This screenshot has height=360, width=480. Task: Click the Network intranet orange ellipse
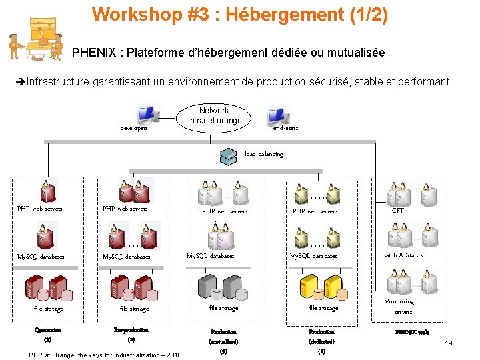(x=213, y=116)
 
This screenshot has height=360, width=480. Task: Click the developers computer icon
(x=147, y=115)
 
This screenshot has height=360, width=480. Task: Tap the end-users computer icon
(x=279, y=117)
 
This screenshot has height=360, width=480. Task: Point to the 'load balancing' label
(x=264, y=154)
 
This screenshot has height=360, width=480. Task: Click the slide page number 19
(x=449, y=343)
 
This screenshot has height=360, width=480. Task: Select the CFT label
(x=398, y=211)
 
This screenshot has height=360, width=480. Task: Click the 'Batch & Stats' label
(x=402, y=255)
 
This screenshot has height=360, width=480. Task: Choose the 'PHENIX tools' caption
(x=412, y=332)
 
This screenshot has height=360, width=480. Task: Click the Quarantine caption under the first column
(x=48, y=329)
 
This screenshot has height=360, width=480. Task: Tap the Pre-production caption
(x=131, y=329)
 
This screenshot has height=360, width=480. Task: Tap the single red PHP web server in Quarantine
(x=47, y=192)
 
